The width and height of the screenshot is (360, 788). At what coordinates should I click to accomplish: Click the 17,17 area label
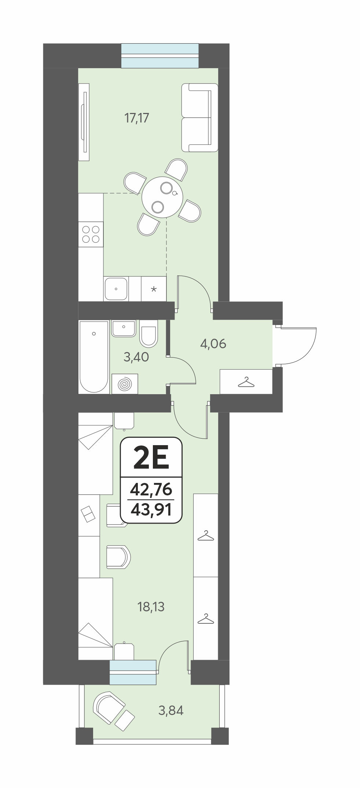[137, 118]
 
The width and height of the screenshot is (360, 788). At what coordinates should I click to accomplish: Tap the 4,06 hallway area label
[213, 344]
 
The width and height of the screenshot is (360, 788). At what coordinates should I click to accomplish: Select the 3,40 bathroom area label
[136, 357]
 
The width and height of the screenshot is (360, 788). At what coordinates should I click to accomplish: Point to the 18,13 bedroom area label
[151, 607]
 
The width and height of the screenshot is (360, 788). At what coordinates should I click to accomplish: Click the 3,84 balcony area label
[171, 711]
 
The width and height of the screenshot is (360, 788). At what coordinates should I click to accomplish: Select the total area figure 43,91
[151, 510]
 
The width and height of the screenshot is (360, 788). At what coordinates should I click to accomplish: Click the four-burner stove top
[91, 234]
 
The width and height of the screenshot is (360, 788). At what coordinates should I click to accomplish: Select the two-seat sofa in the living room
[200, 118]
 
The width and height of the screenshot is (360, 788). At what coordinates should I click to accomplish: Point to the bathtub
[94, 357]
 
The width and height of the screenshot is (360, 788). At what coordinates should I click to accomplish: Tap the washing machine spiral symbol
[125, 384]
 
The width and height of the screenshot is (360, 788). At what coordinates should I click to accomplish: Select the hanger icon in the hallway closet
[246, 382]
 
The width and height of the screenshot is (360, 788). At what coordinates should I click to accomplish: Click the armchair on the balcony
[109, 707]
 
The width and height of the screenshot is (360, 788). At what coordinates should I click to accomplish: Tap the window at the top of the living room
[160, 55]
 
